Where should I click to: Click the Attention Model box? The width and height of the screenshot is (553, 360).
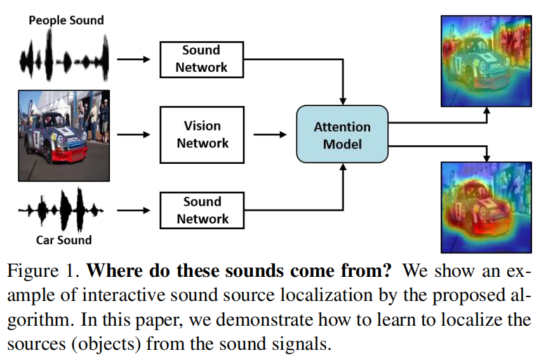342,135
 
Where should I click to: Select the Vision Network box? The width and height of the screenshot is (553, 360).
202,135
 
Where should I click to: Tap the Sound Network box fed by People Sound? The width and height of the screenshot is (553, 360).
201,59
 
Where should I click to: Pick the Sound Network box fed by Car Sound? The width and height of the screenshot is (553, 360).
202,210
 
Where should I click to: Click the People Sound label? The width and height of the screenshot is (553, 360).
66,20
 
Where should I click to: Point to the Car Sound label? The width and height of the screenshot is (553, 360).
63,240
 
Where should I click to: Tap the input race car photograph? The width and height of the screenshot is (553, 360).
63,135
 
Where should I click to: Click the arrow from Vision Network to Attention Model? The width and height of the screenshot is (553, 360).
269,135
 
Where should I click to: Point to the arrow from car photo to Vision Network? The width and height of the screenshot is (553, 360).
133,135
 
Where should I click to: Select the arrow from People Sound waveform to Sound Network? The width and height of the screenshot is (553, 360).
133,59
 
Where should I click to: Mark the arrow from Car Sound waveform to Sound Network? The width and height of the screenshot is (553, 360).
133,210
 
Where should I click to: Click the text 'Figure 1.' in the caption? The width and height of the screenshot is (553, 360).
43,272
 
